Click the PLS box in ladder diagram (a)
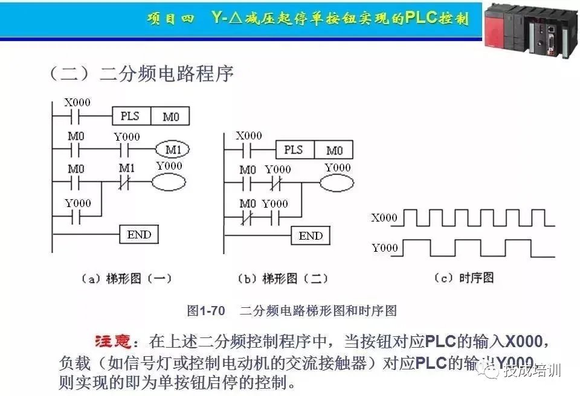coord(130,115)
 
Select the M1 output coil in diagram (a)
coord(172,149)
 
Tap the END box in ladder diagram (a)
coord(139,234)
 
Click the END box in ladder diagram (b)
coord(311,235)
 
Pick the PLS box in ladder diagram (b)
coord(294,150)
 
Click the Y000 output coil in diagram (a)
coord(169,182)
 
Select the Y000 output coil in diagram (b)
coord(337,184)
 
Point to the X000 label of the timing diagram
coord(384,218)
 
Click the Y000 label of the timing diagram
coord(384,247)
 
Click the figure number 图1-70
coord(206,311)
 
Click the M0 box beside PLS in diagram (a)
coord(170,115)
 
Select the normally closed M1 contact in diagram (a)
coord(126,181)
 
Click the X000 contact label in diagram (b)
coord(248,135)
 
